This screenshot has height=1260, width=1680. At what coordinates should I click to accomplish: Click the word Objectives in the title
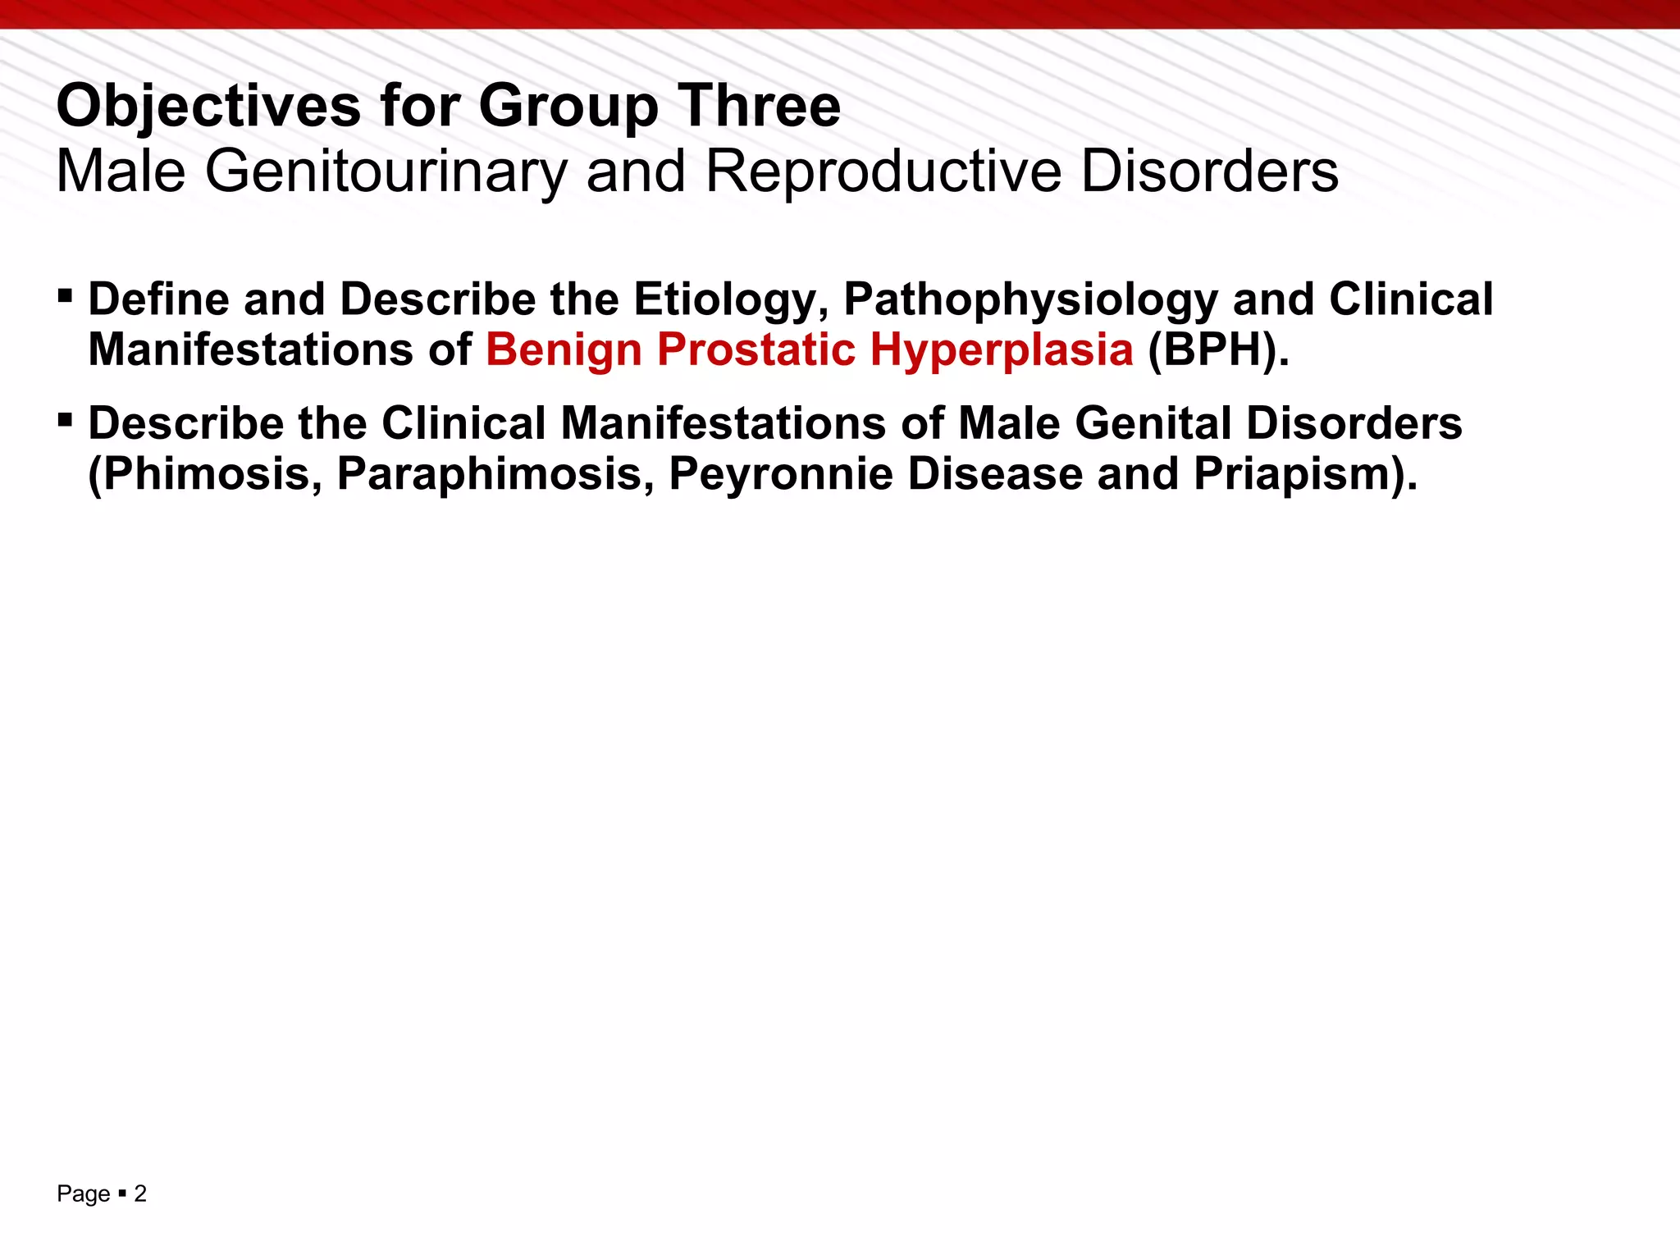coord(208,107)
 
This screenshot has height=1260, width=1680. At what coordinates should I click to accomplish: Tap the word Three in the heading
coord(759,107)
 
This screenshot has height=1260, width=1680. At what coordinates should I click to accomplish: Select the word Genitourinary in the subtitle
coord(386,171)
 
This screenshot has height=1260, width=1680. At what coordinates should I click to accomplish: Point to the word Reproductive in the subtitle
coord(883,171)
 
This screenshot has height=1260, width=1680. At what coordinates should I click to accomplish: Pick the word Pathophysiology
coord(1030,299)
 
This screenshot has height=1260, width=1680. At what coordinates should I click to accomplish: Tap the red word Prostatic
coord(756,350)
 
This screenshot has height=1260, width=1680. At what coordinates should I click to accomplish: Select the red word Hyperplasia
coord(1002,350)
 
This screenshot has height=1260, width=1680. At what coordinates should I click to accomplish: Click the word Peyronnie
coord(780,474)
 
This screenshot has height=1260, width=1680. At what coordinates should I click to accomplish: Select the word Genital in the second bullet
coord(1153,424)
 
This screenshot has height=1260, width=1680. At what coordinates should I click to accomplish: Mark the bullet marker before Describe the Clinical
coord(66,419)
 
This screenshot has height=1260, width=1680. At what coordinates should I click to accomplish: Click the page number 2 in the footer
coord(140,1194)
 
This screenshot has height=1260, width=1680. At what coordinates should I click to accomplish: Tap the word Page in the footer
coord(83,1194)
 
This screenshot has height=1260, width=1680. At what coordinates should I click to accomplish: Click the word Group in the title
coord(568,107)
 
